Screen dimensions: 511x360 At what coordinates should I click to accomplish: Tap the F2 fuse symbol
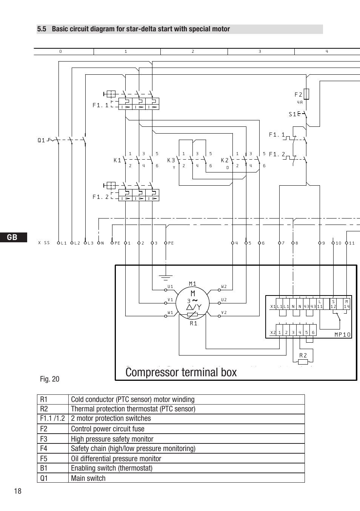point(307,94)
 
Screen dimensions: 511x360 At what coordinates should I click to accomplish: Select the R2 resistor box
point(303,362)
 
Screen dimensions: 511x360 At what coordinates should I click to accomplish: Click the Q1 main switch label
point(41,140)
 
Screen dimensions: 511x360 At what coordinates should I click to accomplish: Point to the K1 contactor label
point(117,160)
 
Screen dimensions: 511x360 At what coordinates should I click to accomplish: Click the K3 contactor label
point(171,160)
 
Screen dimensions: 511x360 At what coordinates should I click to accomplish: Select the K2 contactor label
point(225,160)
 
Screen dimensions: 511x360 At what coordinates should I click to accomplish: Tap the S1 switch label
point(292,114)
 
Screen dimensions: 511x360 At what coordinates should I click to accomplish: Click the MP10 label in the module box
point(342,334)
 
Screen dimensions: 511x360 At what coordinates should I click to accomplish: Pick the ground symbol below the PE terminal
point(166,278)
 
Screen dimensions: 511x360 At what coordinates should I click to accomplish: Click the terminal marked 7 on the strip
point(280,243)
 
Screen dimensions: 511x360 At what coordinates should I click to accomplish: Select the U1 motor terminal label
point(170,287)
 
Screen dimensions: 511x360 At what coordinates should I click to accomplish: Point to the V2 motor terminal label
point(224,312)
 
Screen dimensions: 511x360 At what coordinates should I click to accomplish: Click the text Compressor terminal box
point(181,372)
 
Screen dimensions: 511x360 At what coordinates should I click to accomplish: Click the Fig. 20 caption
point(50,379)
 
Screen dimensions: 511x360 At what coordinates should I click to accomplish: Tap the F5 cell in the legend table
point(44,459)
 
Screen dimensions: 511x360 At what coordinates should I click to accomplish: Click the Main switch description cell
point(88,478)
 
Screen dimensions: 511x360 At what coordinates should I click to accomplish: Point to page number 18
point(18,491)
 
